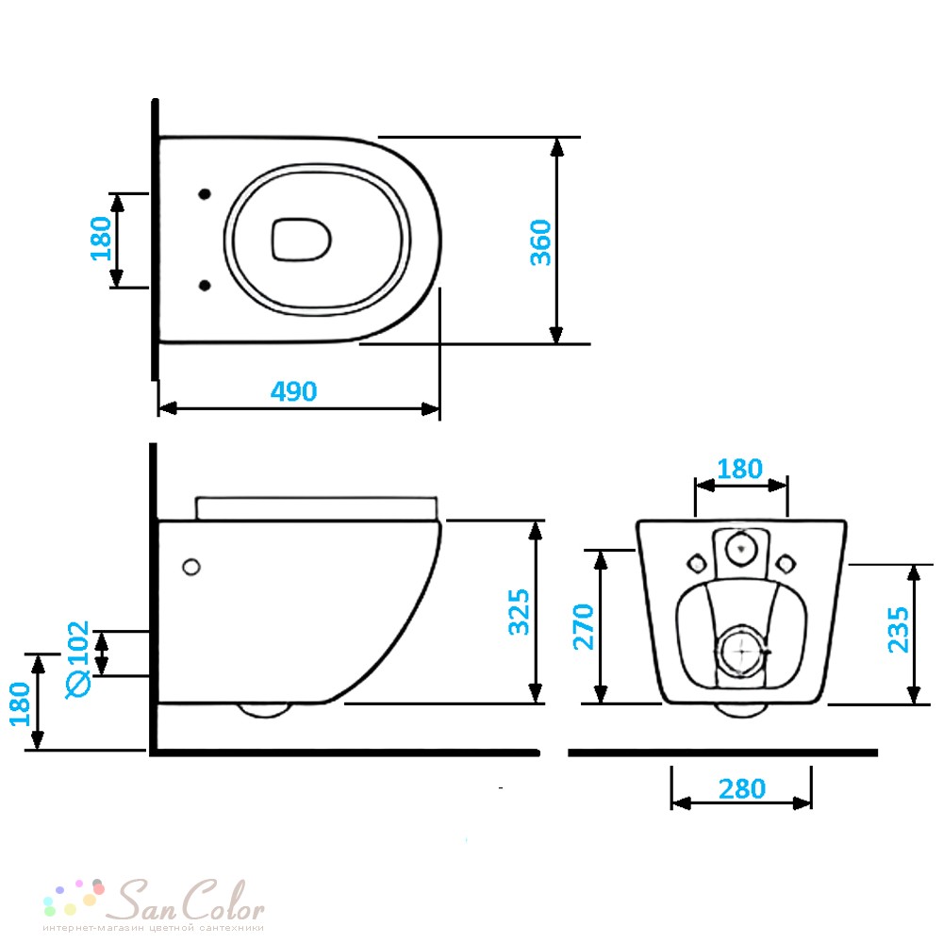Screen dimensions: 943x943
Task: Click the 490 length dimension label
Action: point(293,391)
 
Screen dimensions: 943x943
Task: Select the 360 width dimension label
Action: point(540,242)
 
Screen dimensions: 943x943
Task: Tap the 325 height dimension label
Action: point(519,612)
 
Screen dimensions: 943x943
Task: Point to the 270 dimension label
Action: point(584,627)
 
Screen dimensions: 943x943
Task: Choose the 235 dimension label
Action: point(899,630)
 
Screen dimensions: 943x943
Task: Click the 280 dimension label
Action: point(742,789)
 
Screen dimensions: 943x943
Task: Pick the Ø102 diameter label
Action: point(78,659)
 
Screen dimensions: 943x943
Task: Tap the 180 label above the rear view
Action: point(739,469)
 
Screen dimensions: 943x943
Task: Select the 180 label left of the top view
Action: point(101,239)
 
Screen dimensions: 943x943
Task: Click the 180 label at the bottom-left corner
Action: point(20,704)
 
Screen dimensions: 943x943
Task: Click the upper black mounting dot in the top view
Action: point(205,193)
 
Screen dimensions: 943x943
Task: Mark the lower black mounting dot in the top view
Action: point(205,285)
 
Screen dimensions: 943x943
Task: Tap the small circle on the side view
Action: point(191,567)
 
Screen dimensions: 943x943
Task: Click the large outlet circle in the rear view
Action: point(740,651)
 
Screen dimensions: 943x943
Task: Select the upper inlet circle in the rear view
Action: point(740,548)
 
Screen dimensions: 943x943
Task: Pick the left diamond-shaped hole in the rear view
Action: point(697,564)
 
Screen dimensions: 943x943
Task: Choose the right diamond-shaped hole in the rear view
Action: point(786,564)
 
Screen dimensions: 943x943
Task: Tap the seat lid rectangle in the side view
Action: point(317,508)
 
